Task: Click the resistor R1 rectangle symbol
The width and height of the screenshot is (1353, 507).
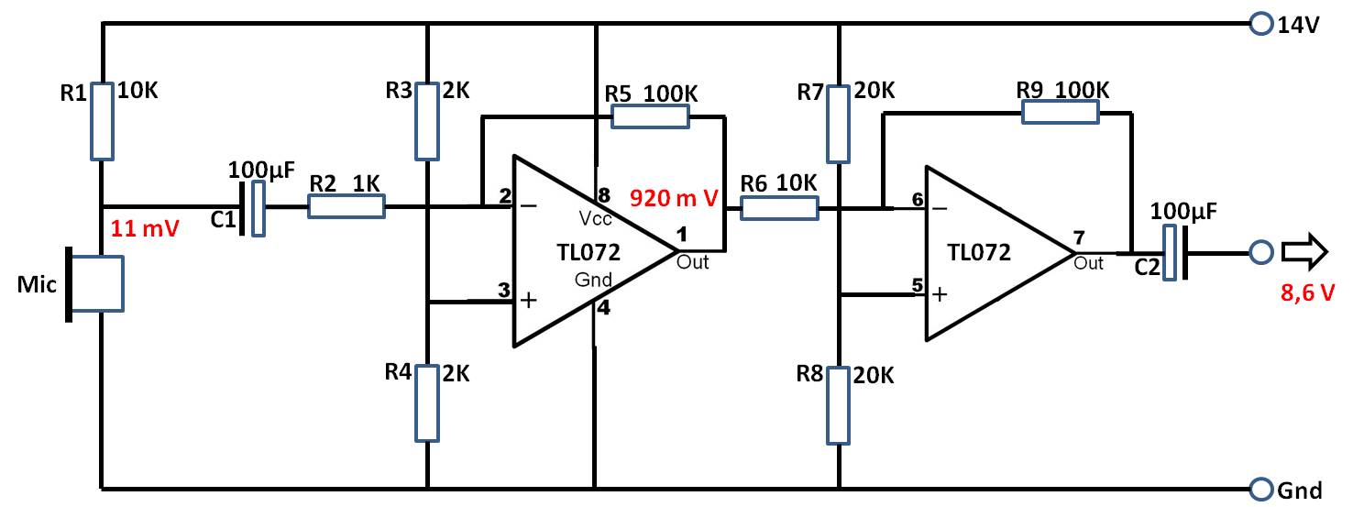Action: coord(102,121)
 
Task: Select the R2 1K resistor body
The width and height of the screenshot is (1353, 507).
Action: coord(346,206)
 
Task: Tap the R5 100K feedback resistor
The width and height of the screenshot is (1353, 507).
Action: coord(650,116)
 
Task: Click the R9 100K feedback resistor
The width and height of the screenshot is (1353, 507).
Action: coord(1060,113)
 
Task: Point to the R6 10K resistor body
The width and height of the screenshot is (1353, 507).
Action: coord(779,208)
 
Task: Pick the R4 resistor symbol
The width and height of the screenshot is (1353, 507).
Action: coord(427,403)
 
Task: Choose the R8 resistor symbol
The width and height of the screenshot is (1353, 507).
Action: coord(839,405)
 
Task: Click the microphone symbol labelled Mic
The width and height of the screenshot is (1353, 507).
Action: coord(95,284)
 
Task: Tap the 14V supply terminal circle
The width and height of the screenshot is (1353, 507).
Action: coord(1261,24)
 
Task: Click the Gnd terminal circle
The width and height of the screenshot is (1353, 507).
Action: coord(1261,489)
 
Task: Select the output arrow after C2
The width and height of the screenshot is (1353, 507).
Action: coord(1304,251)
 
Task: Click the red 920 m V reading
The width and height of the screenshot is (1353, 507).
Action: coord(674,198)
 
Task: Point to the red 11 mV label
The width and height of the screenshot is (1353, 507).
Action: coord(145,228)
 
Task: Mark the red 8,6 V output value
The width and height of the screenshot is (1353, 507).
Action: coord(1308,293)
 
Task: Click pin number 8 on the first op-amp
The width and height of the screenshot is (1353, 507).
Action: coord(603,195)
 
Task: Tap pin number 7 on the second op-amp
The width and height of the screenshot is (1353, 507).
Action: coord(1079,238)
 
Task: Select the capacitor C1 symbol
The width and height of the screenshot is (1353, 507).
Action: coord(252,208)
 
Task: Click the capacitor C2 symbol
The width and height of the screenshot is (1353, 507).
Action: coord(1176,253)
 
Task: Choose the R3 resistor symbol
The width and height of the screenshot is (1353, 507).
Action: coord(427,121)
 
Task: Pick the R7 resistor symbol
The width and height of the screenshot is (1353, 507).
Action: coord(839,124)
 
